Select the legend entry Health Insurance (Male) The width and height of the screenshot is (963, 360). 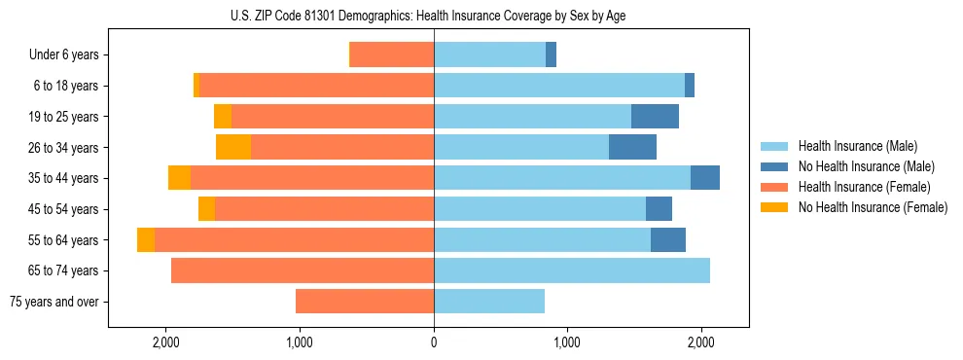point(857,146)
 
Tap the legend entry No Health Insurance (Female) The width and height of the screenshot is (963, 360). point(873,207)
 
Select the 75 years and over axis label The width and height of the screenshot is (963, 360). point(53,302)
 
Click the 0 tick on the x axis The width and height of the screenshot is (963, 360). point(434,342)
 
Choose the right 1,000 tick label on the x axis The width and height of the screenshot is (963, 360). point(567,342)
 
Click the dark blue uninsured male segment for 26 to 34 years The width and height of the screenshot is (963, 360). point(632,147)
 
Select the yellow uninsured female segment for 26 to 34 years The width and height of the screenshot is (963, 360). point(233,147)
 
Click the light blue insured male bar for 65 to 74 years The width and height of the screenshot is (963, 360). point(572,270)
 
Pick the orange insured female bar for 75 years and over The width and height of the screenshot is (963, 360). point(365,302)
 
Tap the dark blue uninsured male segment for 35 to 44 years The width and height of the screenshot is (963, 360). point(705,178)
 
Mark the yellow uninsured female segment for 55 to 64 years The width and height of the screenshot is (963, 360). point(146,240)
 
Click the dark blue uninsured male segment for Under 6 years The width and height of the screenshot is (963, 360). point(551,55)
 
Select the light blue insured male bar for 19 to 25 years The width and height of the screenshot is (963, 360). point(532,117)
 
